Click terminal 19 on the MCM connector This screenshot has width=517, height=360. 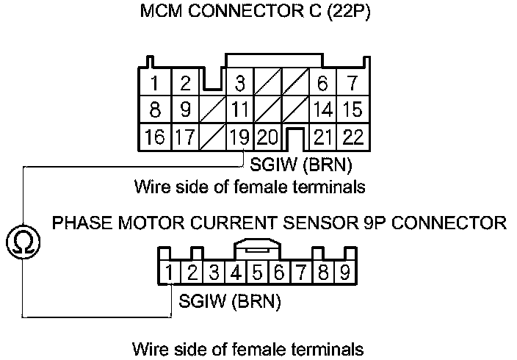pos(239,136)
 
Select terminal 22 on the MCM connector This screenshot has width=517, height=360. pos(352,136)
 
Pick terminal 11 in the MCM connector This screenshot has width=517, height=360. pos(239,110)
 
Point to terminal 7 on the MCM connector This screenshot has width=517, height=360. pos(352,83)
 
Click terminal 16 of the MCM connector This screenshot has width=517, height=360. pos(155,136)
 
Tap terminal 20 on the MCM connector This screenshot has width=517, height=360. pos(268,136)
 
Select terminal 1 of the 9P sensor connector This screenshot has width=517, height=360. pos(170,274)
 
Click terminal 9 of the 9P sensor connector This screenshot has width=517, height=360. pos(344,274)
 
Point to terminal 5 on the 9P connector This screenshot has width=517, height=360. pos(258,274)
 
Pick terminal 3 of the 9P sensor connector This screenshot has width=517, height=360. pos(214,274)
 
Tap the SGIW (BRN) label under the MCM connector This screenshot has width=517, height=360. pos(301,162)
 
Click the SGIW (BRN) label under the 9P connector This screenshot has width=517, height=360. pos(230,301)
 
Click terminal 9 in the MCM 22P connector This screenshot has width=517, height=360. pos(186,110)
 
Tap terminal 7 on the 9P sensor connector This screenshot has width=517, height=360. pos(301,274)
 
